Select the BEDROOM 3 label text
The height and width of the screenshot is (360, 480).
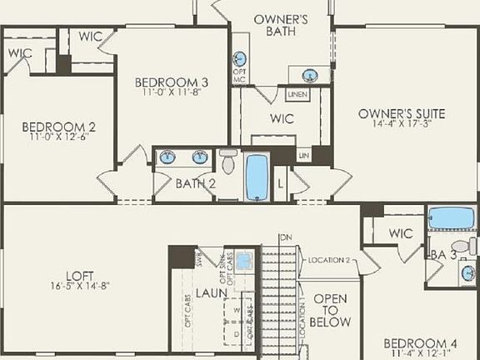pos(172,82)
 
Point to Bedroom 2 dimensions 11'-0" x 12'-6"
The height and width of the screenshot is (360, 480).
pos(59,136)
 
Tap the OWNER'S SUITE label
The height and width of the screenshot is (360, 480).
pos(402,113)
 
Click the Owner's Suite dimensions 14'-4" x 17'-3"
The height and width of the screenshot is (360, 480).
pos(402,125)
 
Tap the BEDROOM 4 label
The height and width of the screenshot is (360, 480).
pos(422,343)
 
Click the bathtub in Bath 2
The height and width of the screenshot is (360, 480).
pos(257,175)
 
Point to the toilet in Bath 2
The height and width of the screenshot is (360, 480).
pos(228,160)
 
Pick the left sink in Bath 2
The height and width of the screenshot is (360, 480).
pos(167,156)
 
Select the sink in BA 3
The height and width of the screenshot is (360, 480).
pos(467,272)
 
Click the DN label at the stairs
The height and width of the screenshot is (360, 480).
pos(286,237)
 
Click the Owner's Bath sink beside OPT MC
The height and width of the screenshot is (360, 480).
pos(240,58)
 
